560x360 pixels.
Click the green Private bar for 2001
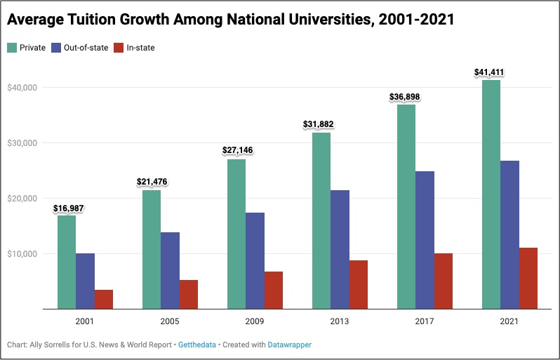67,262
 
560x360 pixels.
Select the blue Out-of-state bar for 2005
170,270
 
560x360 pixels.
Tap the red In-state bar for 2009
274,290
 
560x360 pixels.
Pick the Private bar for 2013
321,220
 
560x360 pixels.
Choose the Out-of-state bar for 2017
425,239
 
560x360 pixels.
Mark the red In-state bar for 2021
528,278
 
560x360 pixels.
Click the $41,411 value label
490,72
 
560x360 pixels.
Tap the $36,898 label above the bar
405,97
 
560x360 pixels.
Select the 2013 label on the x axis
340,321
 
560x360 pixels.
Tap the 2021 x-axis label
509,321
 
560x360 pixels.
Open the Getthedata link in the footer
198,345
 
